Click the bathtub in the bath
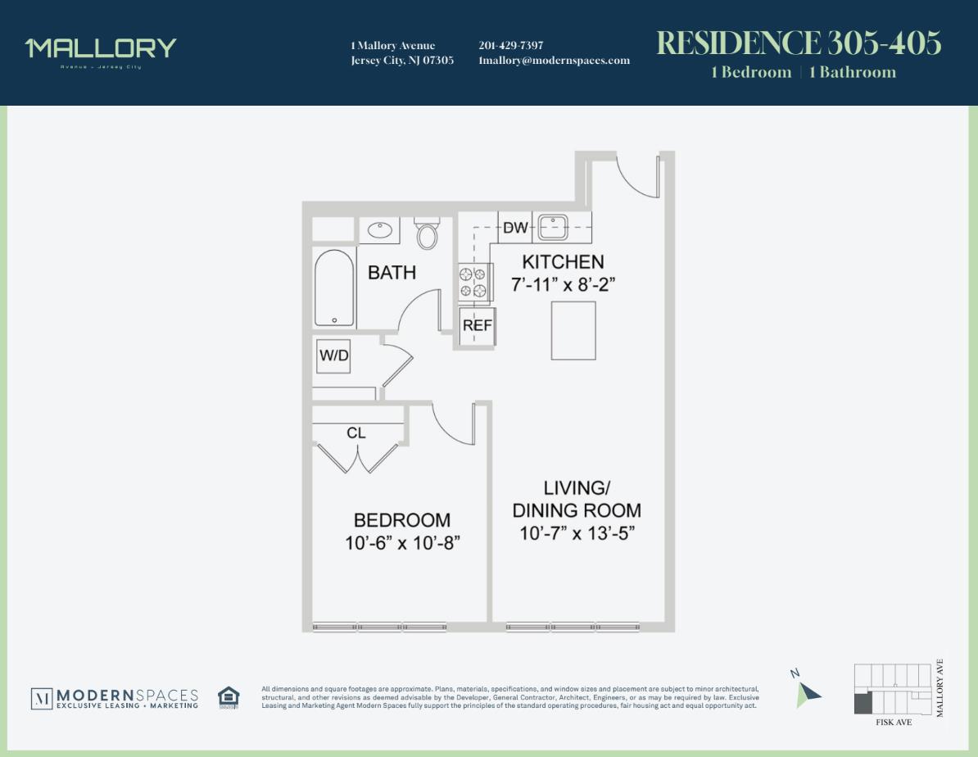334,288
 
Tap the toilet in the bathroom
427,234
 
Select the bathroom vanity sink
379,230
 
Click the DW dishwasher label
515,228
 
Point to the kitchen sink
554,226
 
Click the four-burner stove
473,282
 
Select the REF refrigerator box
477,325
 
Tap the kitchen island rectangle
573,330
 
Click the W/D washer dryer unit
333,356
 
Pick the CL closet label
356,433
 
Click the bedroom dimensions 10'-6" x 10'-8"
402,542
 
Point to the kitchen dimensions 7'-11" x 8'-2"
563,285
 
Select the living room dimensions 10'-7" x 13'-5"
577,533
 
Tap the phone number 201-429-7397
510,46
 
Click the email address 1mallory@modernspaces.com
554,61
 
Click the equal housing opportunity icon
229,697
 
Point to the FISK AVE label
893,723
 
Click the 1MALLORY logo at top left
101,49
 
